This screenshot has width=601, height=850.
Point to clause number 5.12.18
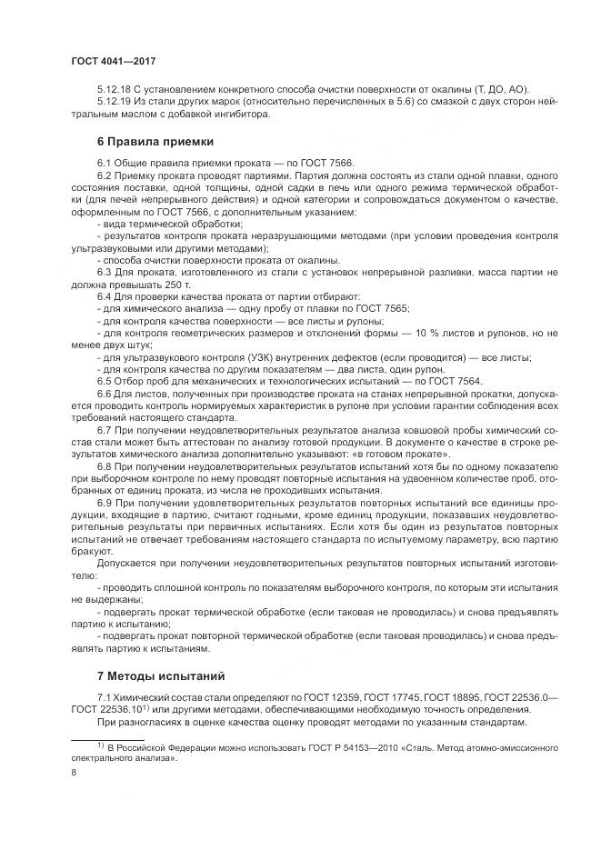114,88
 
